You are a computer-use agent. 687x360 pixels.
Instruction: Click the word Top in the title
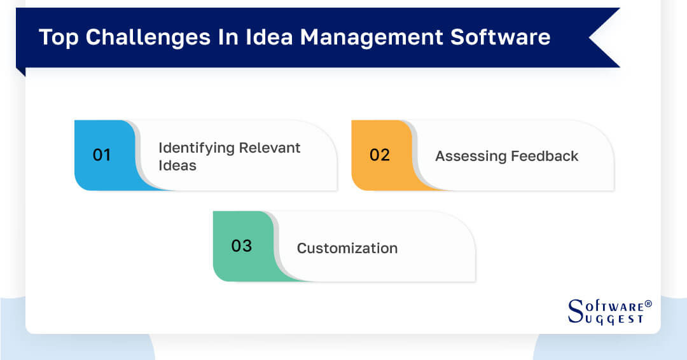pos(58,38)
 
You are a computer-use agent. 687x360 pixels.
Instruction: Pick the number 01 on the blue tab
pos(102,155)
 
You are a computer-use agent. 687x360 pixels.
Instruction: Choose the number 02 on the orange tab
pos(379,155)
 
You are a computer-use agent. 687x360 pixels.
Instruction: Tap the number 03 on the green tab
pos(241,246)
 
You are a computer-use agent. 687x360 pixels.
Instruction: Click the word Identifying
pos(196,148)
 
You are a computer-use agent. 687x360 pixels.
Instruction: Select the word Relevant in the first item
pos(270,148)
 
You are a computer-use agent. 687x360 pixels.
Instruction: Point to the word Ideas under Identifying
pos(177,165)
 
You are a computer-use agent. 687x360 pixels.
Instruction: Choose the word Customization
pos(347,248)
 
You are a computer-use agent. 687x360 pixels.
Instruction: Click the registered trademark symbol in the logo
pos(648,304)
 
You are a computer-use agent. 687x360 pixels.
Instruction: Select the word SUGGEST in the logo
pos(614,319)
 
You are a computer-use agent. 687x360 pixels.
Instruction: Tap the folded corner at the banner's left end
pos(20,72)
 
